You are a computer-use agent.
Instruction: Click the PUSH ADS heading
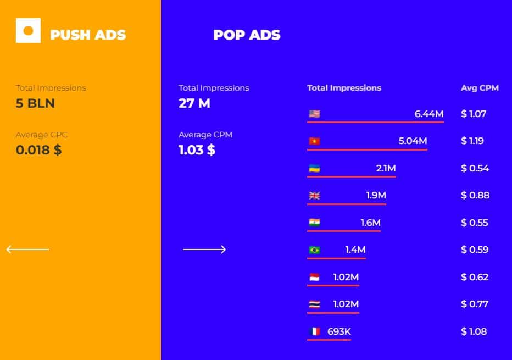pyautogui.click(x=88, y=35)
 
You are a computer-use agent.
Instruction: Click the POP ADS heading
pyautogui.click(x=247, y=35)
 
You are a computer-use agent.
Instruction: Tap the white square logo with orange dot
pyautogui.click(x=28, y=30)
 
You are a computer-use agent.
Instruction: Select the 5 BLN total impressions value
pyautogui.click(x=35, y=103)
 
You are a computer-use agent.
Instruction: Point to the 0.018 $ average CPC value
pyautogui.click(x=38, y=150)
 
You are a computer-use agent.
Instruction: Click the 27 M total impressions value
pyautogui.click(x=194, y=103)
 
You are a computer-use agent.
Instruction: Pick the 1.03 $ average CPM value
pyautogui.click(x=197, y=150)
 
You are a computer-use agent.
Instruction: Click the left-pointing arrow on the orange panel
pyautogui.click(x=28, y=250)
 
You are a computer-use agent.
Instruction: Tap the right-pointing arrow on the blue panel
pyautogui.click(x=204, y=250)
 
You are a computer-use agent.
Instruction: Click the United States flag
pyautogui.click(x=314, y=114)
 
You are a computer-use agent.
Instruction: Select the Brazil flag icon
pyautogui.click(x=314, y=250)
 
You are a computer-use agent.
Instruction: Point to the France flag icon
pyautogui.click(x=314, y=331)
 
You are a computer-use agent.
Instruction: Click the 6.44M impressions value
pyautogui.click(x=428, y=114)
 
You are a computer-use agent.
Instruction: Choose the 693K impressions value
pyautogui.click(x=339, y=331)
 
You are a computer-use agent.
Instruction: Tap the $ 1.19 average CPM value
pyautogui.click(x=472, y=141)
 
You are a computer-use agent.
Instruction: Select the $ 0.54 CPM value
pyautogui.click(x=475, y=168)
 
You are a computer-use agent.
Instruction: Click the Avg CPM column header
pyautogui.click(x=480, y=88)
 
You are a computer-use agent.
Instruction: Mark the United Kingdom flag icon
pyautogui.click(x=314, y=196)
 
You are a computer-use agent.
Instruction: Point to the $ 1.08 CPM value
pyautogui.click(x=474, y=331)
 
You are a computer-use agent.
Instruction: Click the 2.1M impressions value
pyautogui.click(x=386, y=168)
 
